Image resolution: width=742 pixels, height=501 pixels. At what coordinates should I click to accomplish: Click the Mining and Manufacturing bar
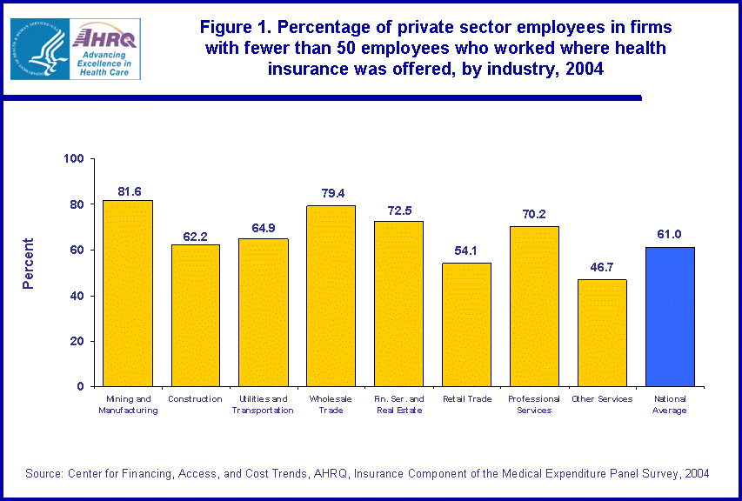pos(128,293)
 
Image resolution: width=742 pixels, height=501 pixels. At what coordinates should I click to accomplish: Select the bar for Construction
pos(196,315)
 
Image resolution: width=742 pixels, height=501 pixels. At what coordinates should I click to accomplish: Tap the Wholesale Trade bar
pos(331,296)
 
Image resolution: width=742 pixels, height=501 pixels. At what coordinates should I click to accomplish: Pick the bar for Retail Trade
pos(467,324)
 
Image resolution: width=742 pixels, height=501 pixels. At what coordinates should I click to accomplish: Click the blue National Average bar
pos(670,317)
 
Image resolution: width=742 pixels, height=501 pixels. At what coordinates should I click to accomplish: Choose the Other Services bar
pos(602,332)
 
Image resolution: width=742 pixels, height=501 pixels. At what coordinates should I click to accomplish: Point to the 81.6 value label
pos(129,191)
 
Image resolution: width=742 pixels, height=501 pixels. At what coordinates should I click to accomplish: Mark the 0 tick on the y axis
pos(79,386)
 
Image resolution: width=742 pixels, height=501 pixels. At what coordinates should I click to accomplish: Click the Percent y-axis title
pos(29,263)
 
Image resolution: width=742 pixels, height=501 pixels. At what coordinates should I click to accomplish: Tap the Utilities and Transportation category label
pos(263,404)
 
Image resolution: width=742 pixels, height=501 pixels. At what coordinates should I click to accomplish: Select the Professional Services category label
pos(534,404)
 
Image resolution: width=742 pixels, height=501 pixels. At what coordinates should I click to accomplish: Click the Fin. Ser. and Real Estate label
pos(399,404)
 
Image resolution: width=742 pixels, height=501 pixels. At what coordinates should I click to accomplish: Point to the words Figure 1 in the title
pos(233,28)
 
